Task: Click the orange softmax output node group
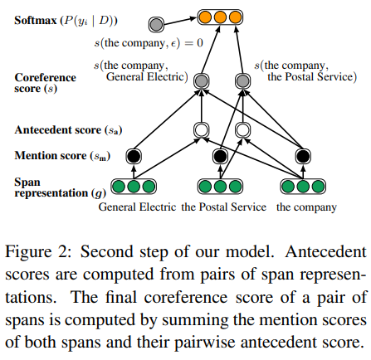point(220,16)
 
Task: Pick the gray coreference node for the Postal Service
point(242,80)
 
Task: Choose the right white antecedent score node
point(242,129)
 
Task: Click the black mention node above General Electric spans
point(131,155)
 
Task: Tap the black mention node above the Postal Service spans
point(220,155)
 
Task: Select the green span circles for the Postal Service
point(220,186)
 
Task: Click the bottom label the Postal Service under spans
point(224,206)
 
